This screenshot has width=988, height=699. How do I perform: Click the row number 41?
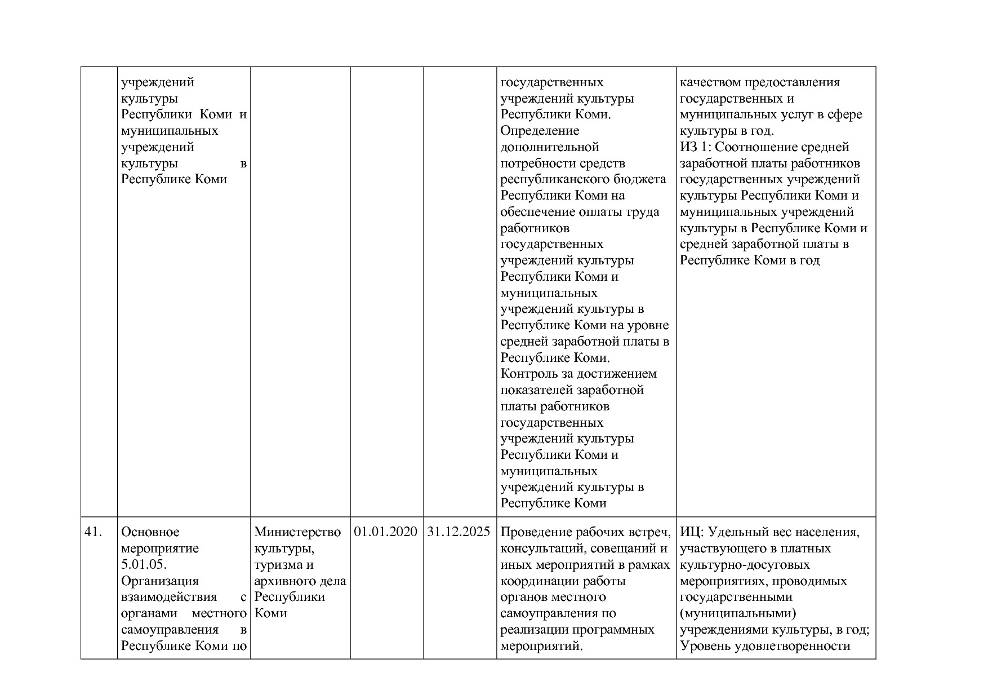coord(93,532)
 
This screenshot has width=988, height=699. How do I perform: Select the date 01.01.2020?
coord(386,532)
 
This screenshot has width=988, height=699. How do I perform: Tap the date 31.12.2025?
coord(459,532)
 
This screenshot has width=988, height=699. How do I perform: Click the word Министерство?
coord(297,532)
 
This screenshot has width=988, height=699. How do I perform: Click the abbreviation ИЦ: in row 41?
coord(692,532)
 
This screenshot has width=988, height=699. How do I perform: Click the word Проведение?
coord(535,532)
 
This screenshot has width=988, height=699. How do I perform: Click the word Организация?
coord(159,581)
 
